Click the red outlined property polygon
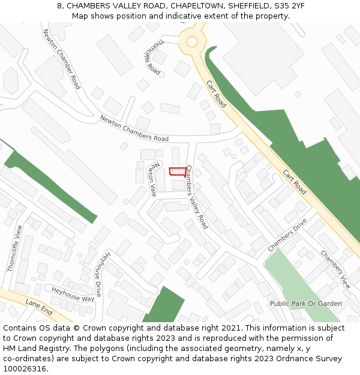(177, 172)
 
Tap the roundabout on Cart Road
(192, 41)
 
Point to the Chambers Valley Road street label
(197, 197)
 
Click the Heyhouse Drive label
(102, 274)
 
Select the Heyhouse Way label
(73, 294)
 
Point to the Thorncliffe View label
(14, 248)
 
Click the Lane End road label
(40, 310)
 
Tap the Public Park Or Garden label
(305, 304)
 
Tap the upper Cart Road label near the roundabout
(216, 94)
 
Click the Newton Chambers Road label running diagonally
(61, 59)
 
